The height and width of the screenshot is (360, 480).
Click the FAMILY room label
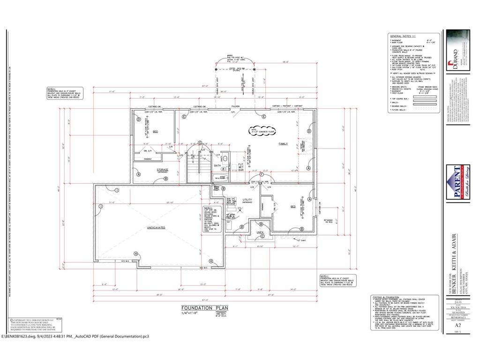[x=283, y=143]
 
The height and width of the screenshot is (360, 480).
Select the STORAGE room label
[x=163, y=170]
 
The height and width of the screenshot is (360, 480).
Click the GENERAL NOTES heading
[x=402, y=36]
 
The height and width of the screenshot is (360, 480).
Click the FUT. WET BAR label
[x=241, y=167]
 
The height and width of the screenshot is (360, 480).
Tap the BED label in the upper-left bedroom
[x=155, y=132]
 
